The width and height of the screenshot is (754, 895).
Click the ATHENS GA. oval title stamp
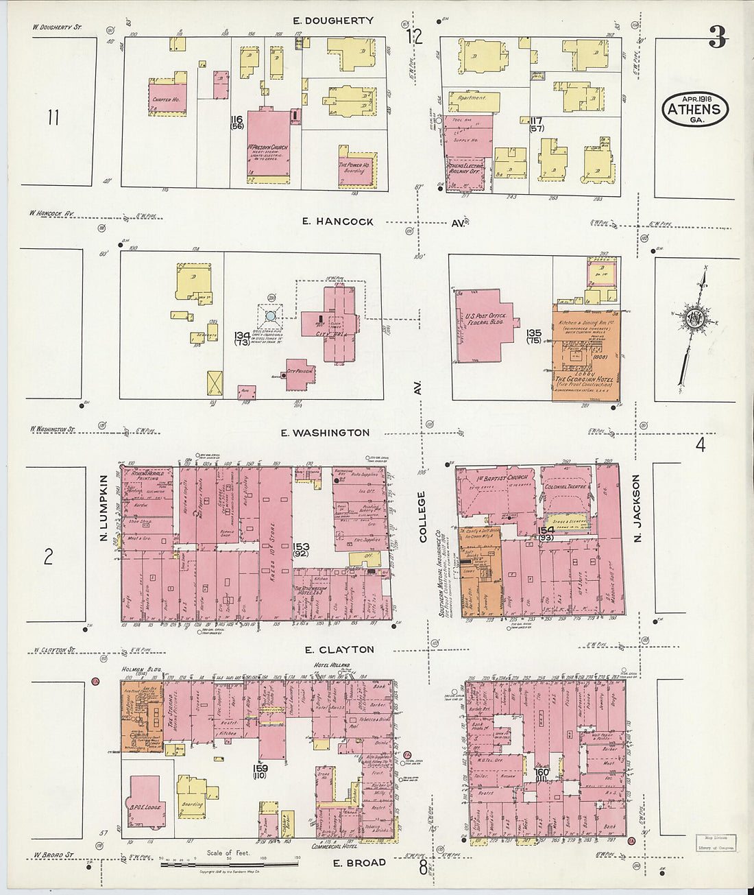tap(694, 109)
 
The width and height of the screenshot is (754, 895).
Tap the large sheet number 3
tap(717, 38)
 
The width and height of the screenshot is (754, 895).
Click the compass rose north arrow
tap(696, 320)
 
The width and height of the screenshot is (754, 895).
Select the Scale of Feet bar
tap(229, 864)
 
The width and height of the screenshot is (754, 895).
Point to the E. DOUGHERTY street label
tap(332, 21)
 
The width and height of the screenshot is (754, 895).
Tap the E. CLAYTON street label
tap(339, 649)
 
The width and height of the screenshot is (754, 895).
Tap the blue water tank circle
tap(271, 315)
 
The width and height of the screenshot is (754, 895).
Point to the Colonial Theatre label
tap(563, 487)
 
